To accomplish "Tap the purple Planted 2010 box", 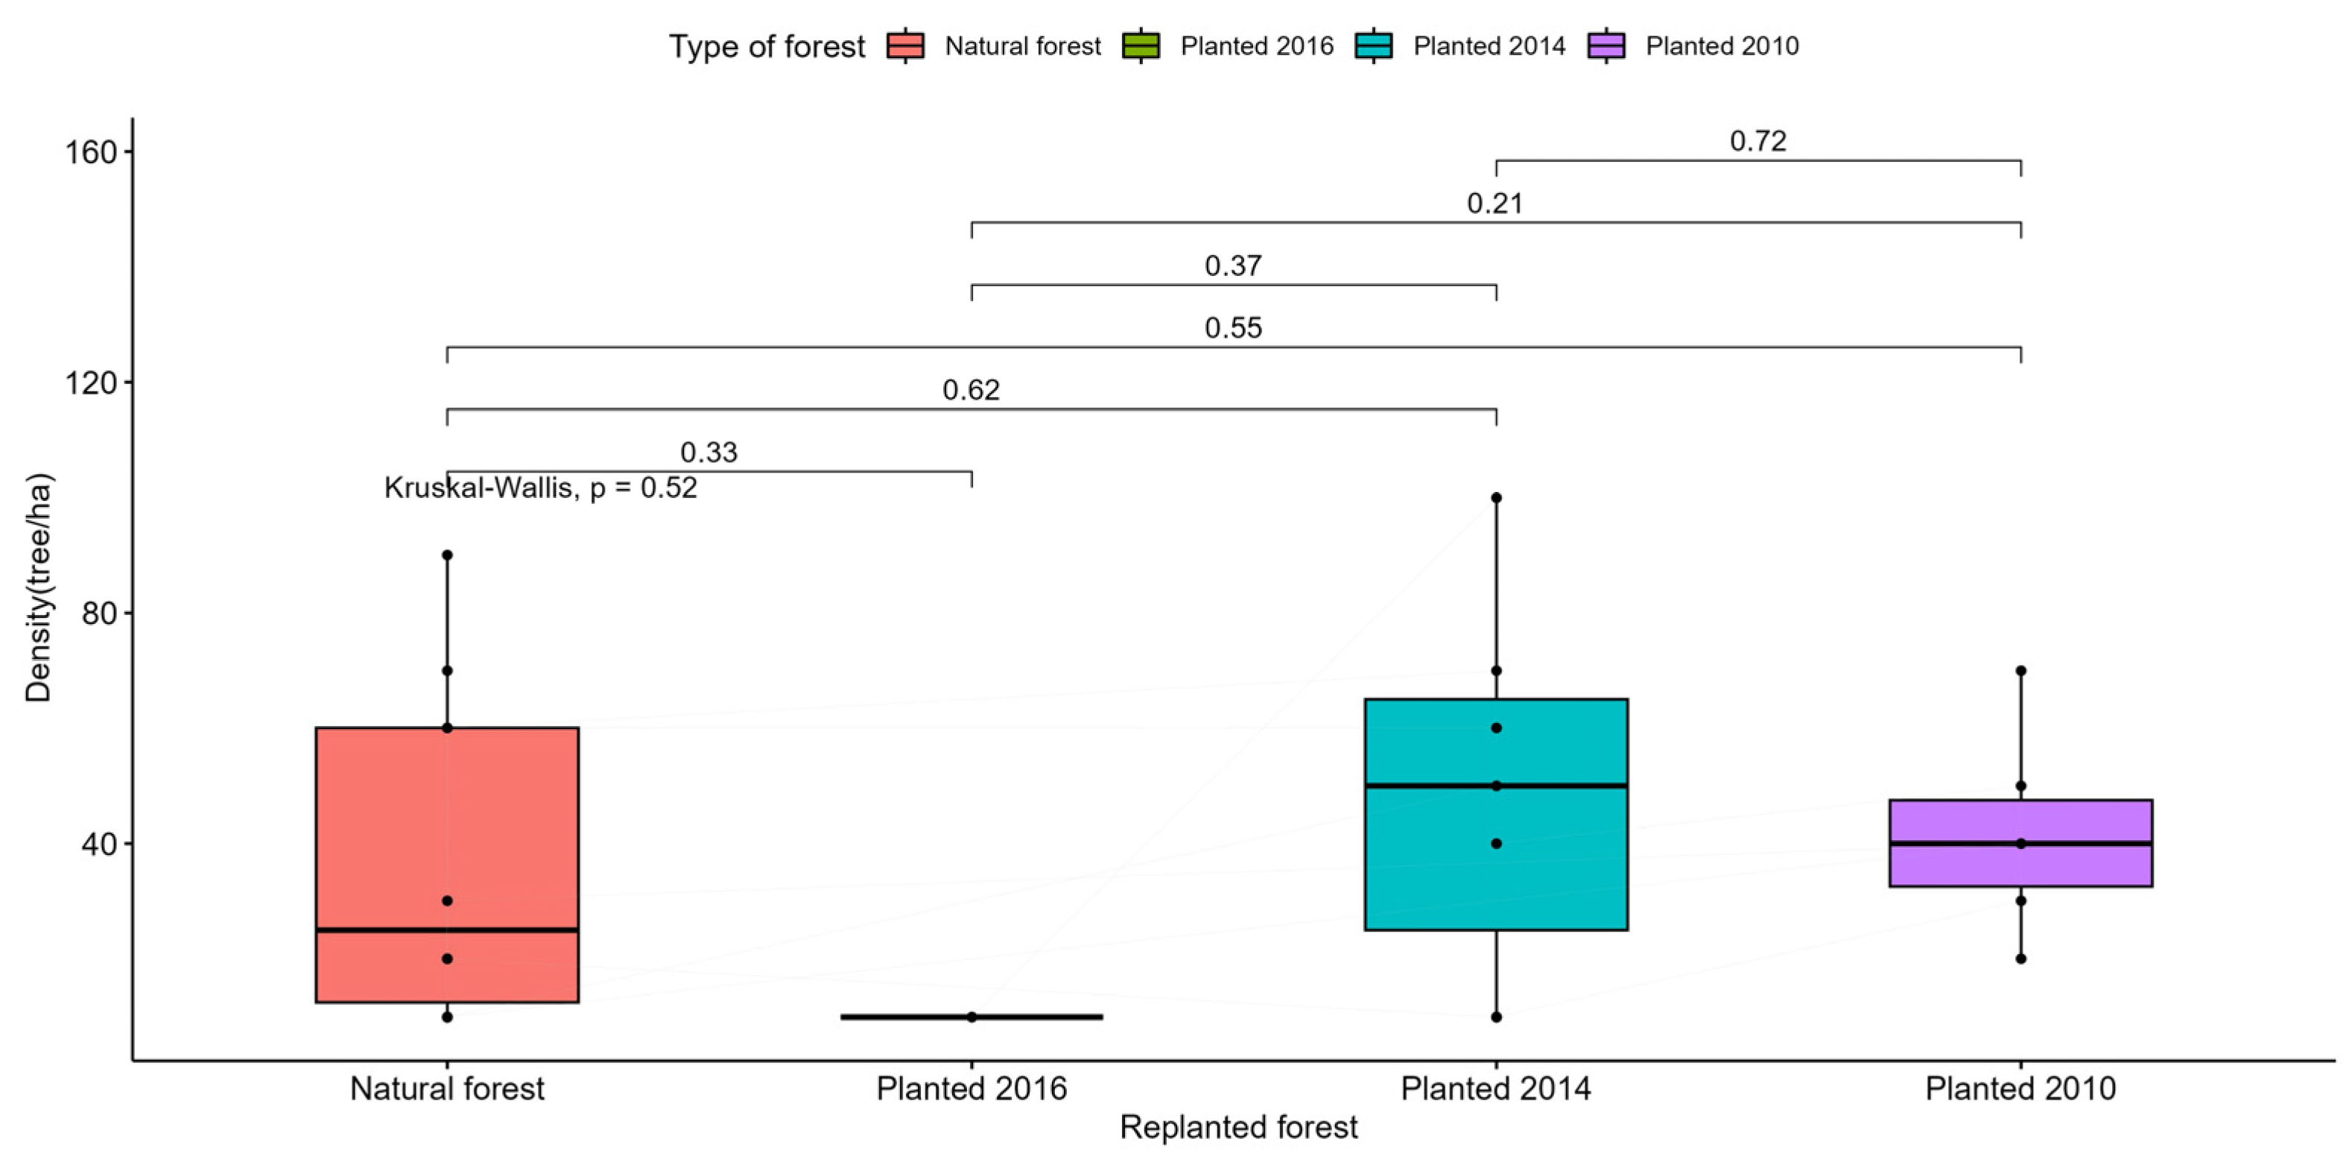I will click(x=2020, y=843).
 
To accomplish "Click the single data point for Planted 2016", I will click(x=971, y=1017).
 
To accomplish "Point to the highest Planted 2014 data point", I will click(x=1495, y=498).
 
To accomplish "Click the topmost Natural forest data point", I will click(x=447, y=555).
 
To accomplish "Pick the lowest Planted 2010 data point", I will click(x=2020, y=959).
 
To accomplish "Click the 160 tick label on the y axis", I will click(x=91, y=152).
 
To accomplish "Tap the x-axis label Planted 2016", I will click(x=971, y=1088).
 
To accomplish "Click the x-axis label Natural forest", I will click(x=447, y=1088).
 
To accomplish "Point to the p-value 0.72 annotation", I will click(x=1757, y=142).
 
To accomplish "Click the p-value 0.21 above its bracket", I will click(x=1494, y=203).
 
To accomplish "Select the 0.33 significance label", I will click(x=708, y=452).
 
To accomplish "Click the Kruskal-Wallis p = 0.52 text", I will click(x=540, y=488).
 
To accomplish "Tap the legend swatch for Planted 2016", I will click(x=1141, y=45).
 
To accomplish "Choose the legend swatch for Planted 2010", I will click(x=1607, y=45).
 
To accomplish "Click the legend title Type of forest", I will click(x=766, y=46).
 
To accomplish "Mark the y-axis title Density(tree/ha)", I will click(x=38, y=588).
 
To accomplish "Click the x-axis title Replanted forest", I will click(x=1238, y=1127).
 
